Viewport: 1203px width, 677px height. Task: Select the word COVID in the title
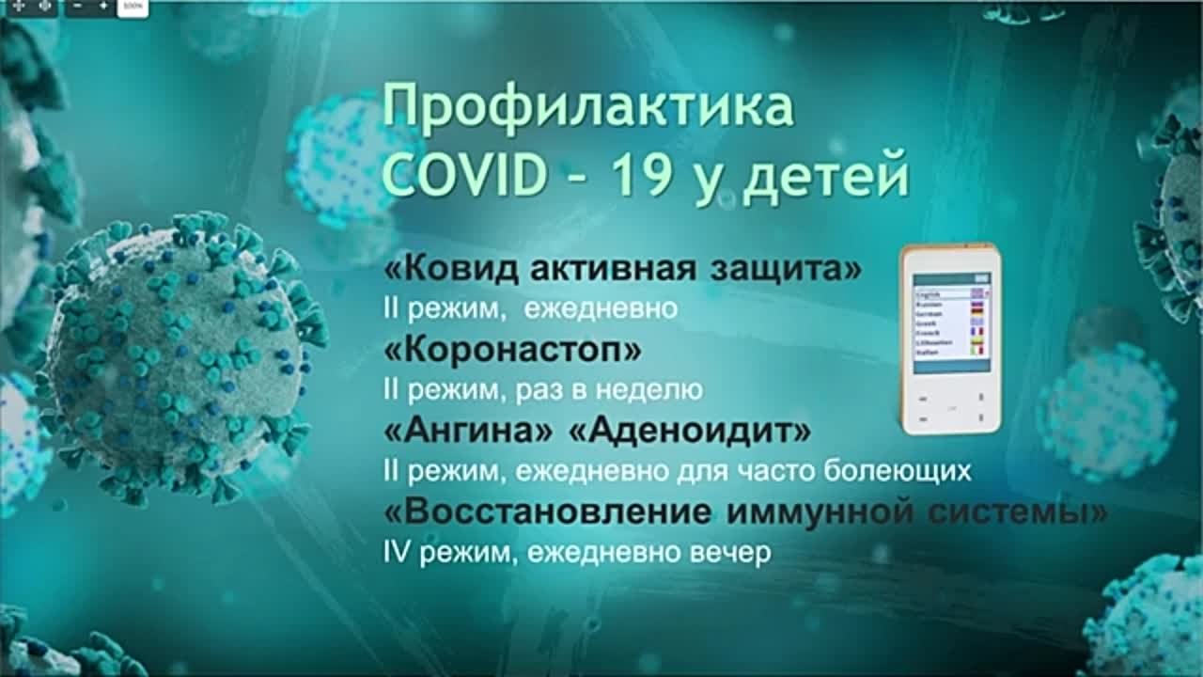[x=466, y=175]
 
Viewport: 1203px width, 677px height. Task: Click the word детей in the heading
[x=825, y=177]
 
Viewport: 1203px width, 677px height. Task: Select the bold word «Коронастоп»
[x=513, y=350]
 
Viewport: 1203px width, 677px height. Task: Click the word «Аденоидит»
[x=690, y=432]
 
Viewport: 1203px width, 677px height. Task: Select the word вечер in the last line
[x=734, y=553]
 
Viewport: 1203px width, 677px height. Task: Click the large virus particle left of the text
[x=179, y=357]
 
